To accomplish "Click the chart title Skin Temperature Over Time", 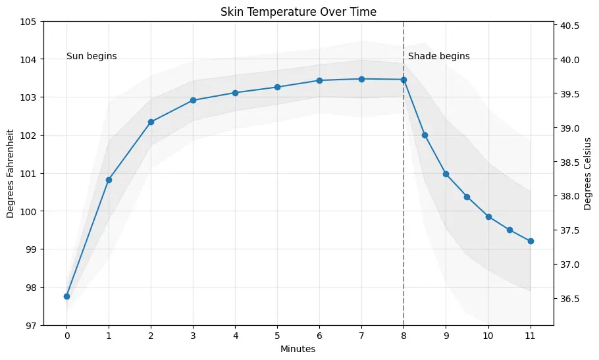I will (298, 11).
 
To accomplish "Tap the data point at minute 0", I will (66, 296).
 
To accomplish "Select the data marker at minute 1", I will (109, 180).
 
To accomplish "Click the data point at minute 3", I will (193, 100).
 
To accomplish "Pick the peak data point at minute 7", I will (361, 79).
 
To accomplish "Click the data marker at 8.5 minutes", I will (425, 135).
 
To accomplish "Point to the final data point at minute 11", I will (531, 241).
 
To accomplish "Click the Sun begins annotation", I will (91, 57).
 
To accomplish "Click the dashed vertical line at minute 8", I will (404, 197).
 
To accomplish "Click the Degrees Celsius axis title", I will (587, 174).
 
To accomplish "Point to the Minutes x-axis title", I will (298, 349).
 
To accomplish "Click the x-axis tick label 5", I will (277, 335).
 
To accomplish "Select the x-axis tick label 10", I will (488, 335).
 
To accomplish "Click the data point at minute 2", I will (151, 122).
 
